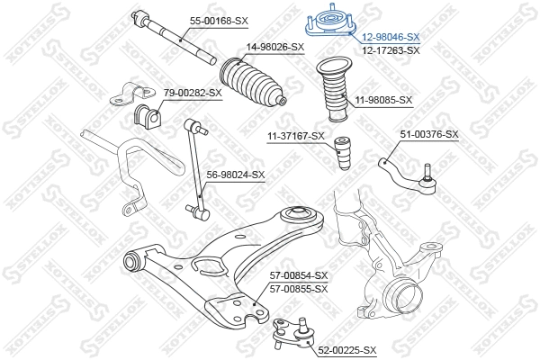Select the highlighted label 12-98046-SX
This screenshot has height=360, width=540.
(x=391, y=37)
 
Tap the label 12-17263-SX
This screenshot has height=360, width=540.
(x=391, y=50)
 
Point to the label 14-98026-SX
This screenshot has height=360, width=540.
(x=275, y=47)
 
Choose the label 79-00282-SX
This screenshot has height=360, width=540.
(x=193, y=93)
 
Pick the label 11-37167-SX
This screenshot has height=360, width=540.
(x=295, y=136)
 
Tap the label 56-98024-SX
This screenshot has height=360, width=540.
(x=236, y=175)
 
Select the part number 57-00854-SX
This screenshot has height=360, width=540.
(x=299, y=275)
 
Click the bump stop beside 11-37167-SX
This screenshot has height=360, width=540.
(x=342, y=152)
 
